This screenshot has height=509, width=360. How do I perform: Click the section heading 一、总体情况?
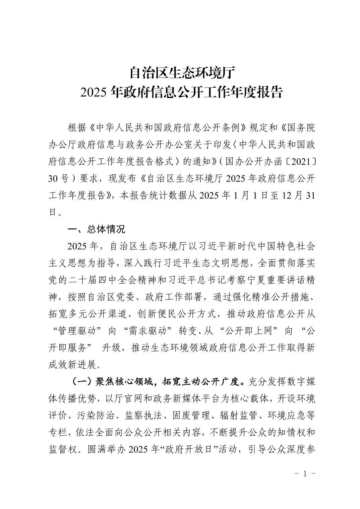click(96, 229)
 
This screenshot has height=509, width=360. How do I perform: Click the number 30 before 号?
click(54, 179)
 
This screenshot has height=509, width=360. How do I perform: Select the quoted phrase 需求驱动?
click(148, 331)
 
